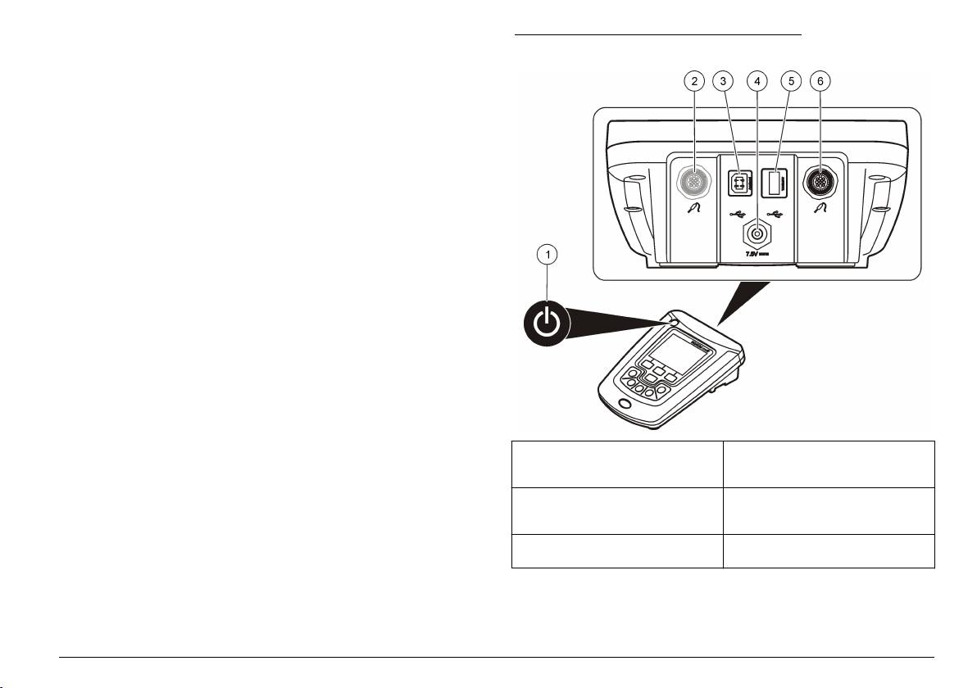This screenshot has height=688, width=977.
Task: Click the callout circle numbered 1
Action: (x=548, y=255)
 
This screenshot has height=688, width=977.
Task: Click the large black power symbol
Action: (x=548, y=324)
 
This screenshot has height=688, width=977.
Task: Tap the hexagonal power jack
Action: (x=756, y=234)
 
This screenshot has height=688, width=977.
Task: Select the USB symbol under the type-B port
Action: (x=737, y=215)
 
